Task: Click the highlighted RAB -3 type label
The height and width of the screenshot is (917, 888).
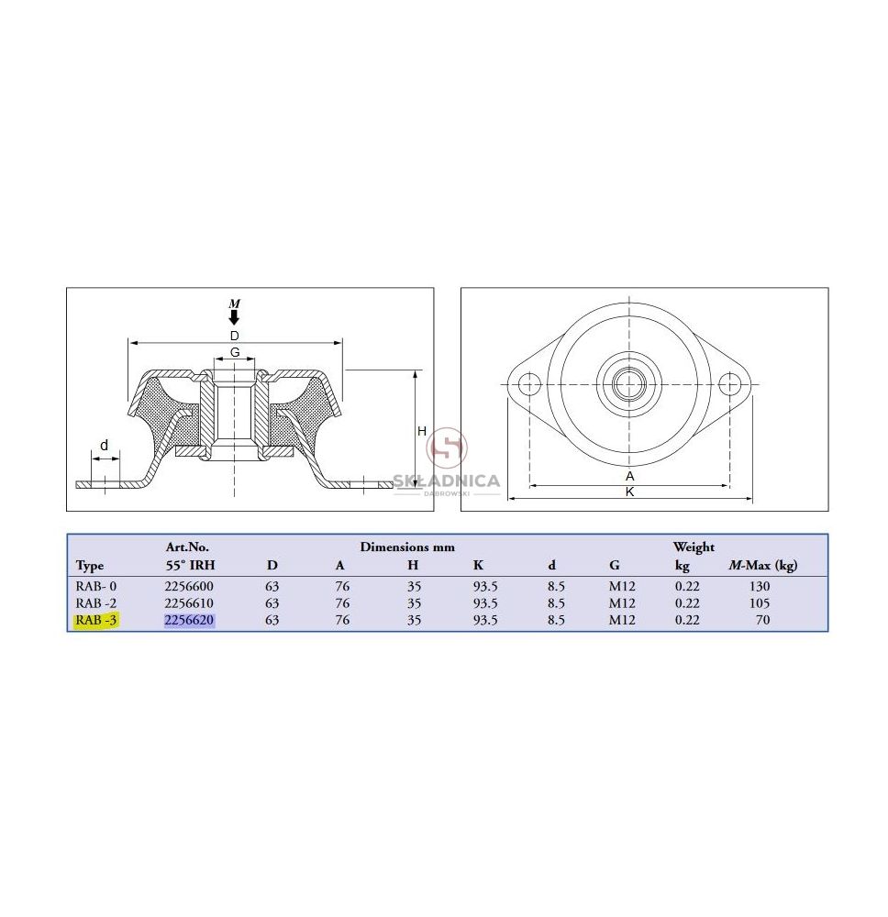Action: pyautogui.click(x=96, y=620)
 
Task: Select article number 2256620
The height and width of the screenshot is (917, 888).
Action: pyautogui.click(x=189, y=620)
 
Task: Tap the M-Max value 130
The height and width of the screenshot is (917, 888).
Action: pyautogui.click(x=760, y=586)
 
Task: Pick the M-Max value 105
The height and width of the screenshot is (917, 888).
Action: pyautogui.click(x=760, y=603)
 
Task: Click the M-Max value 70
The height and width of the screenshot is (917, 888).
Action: pyautogui.click(x=763, y=620)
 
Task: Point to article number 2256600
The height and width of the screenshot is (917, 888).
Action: pyautogui.click(x=189, y=586)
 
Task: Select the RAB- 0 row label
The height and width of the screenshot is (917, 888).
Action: pyautogui.click(x=96, y=586)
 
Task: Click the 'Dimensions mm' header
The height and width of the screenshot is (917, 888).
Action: pyautogui.click(x=407, y=547)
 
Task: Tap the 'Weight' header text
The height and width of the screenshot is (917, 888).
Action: pyautogui.click(x=694, y=547)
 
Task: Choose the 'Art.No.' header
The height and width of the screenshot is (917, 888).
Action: pyautogui.click(x=187, y=547)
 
